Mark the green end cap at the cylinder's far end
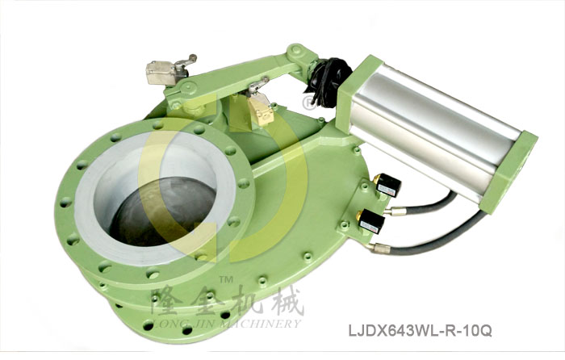pos(517,174)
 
